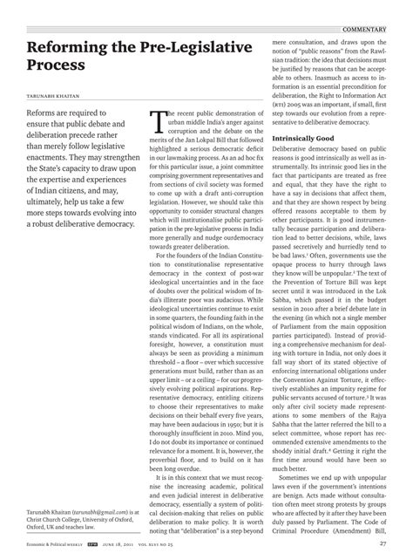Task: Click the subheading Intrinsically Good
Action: pos(301,140)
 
